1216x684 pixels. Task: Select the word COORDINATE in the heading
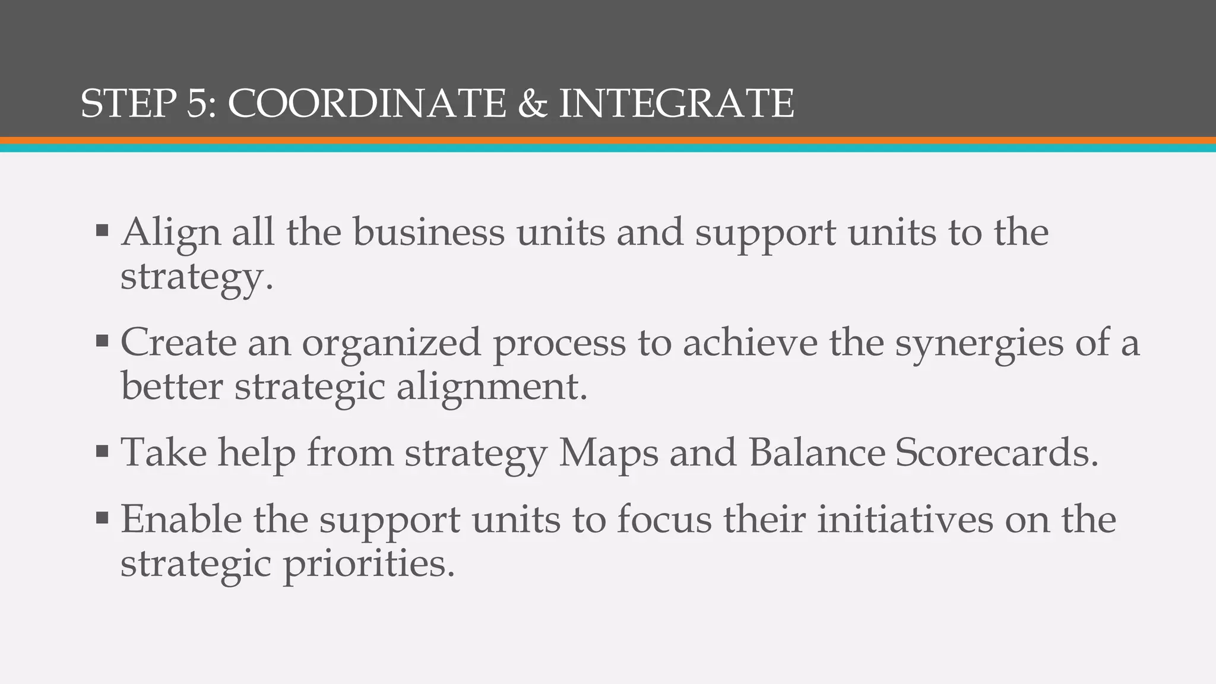(x=367, y=104)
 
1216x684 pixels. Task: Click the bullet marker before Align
(x=102, y=230)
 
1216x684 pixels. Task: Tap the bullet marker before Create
(x=102, y=341)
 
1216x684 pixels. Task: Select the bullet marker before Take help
(x=102, y=452)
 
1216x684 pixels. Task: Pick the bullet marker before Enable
(x=102, y=518)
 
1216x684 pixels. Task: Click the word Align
(x=171, y=232)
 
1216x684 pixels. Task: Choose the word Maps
(x=609, y=454)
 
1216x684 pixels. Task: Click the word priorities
(x=369, y=565)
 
